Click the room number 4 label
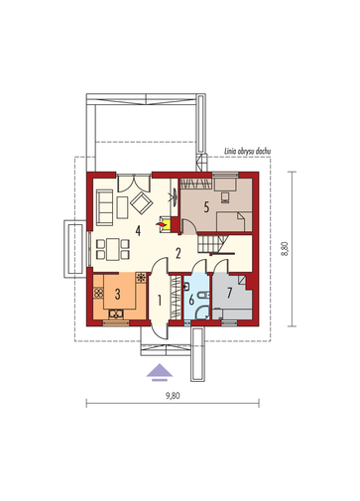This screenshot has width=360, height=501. [x=138, y=230]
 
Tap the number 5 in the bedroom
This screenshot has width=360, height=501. [x=206, y=207]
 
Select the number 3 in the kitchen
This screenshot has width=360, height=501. [x=117, y=294]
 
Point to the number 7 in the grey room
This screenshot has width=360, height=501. [x=230, y=293]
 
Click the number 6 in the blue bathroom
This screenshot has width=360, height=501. [x=191, y=301]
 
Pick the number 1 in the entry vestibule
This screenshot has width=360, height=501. [x=160, y=301]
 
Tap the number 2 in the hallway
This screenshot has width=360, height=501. [x=179, y=254]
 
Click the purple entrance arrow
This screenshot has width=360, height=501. [x=160, y=372]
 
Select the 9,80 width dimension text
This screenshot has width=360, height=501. [x=173, y=396]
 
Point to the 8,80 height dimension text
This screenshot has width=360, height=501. [x=285, y=249]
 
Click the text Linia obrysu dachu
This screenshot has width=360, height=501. [x=248, y=152]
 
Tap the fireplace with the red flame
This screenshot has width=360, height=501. [x=166, y=224]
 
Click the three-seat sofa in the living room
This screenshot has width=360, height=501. [x=105, y=207]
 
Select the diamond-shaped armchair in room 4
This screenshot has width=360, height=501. [x=142, y=202]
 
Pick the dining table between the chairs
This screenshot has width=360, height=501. [x=112, y=249]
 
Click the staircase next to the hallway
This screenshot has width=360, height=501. [x=211, y=244]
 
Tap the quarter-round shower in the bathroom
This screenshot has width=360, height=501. [x=201, y=313]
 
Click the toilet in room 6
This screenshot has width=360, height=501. [x=202, y=295]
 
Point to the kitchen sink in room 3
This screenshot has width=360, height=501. [x=116, y=313]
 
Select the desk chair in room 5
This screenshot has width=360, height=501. [x=225, y=197]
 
